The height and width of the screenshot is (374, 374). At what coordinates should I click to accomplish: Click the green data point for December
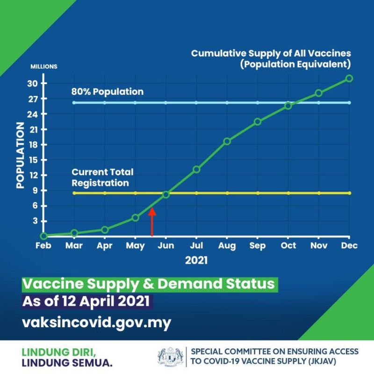(x=349, y=78)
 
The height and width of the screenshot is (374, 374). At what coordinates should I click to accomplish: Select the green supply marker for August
(x=227, y=141)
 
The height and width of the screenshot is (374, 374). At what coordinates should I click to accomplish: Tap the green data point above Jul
(x=196, y=169)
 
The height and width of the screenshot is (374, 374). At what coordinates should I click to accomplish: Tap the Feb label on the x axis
(x=43, y=246)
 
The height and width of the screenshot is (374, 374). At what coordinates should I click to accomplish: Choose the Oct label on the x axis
(x=288, y=246)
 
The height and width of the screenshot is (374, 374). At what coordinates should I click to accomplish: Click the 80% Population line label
(x=108, y=92)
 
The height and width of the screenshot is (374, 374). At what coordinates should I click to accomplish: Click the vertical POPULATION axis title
(x=20, y=155)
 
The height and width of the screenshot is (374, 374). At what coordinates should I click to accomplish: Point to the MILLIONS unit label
(x=44, y=66)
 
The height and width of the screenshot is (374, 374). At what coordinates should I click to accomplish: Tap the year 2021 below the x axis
(x=196, y=260)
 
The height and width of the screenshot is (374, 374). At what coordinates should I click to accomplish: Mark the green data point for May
(x=136, y=218)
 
